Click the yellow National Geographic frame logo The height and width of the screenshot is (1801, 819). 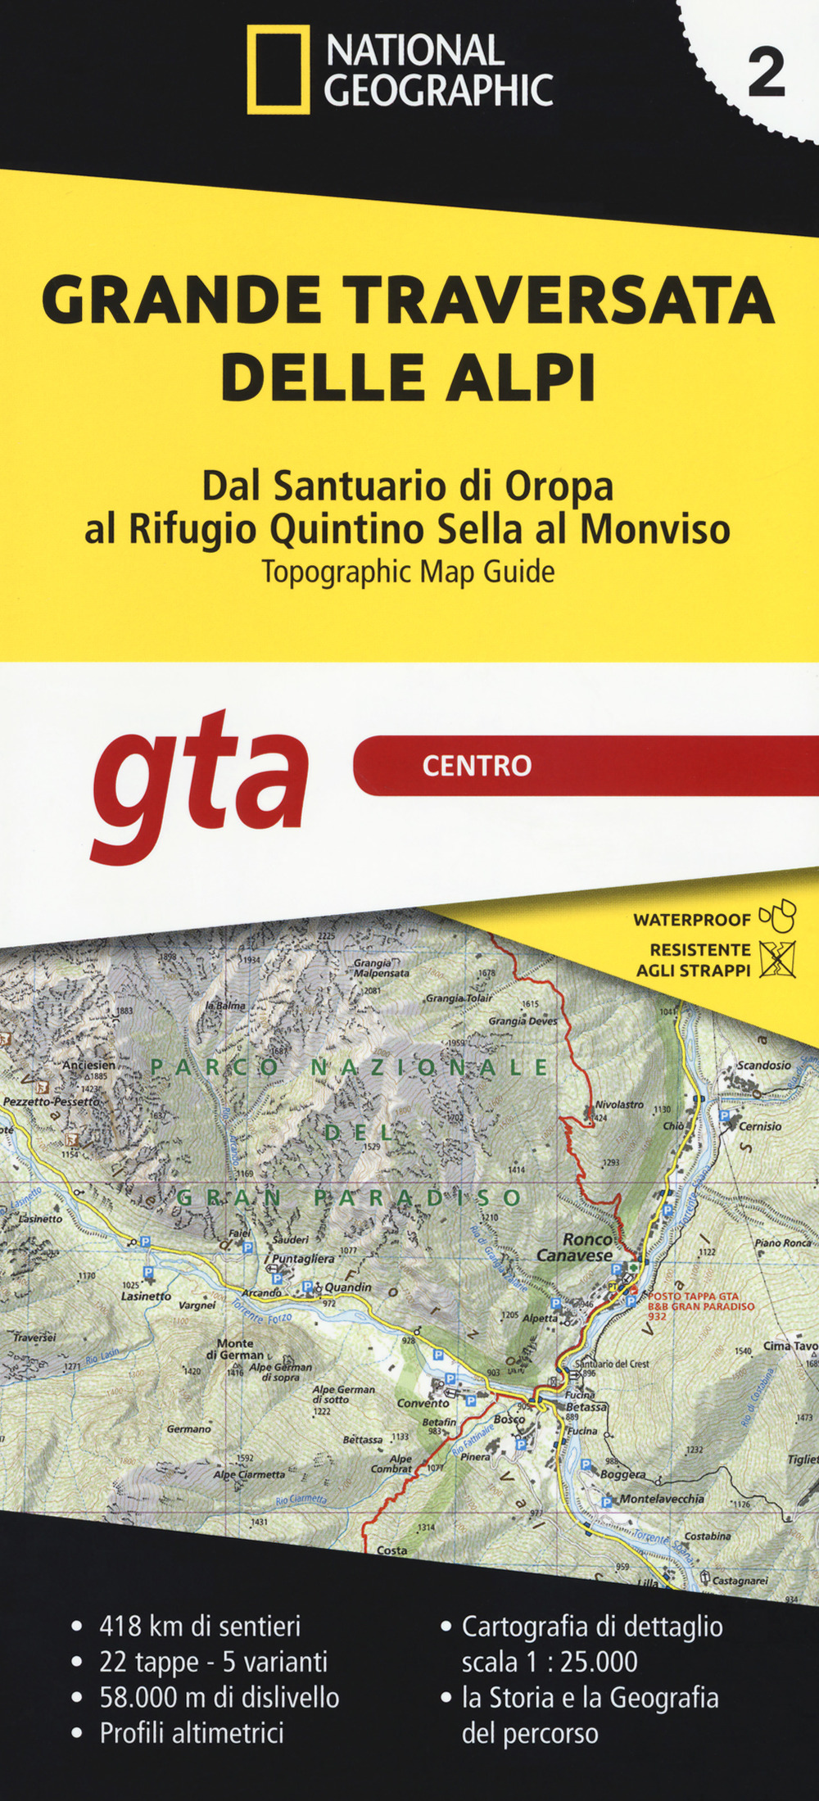click(x=278, y=70)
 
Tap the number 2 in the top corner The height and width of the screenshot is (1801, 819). click(x=766, y=75)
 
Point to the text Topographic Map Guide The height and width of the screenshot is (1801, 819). click(x=408, y=572)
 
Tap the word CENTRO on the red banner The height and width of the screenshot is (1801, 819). click(x=477, y=766)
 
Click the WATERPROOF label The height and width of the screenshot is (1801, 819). click(x=692, y=920)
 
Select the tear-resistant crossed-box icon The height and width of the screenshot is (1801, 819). click(x=777, y=960)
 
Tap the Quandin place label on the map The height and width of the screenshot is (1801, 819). click(x=347, y=1287)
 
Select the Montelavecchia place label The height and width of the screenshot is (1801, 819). click(x=662, y=1499)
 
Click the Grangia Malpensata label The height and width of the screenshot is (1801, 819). click(x=381, y=968)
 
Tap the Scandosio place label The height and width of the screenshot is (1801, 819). click(x=764, y=1066)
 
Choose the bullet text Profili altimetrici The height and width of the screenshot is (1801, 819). click(x=191, y=1732)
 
